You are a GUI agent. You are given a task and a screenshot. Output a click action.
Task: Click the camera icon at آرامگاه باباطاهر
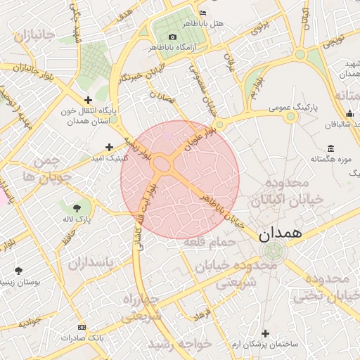click(173, 37)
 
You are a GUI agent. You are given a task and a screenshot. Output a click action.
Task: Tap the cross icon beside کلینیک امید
click(109, 147)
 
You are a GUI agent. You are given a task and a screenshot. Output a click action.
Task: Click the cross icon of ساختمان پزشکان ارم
click(264, 333)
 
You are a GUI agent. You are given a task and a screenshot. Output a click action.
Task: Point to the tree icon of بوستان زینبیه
click(19, 271)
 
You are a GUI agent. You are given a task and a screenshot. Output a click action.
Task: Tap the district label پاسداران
click(90, 263)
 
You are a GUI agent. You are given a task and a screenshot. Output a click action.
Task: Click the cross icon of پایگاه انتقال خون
click(88, 101)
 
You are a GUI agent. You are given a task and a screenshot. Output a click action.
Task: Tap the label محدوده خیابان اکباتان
click(292, 192)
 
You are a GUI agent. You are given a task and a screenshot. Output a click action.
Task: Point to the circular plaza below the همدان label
click(273, 252)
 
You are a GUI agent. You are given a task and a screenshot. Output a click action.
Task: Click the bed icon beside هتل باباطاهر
click(203, 13)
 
